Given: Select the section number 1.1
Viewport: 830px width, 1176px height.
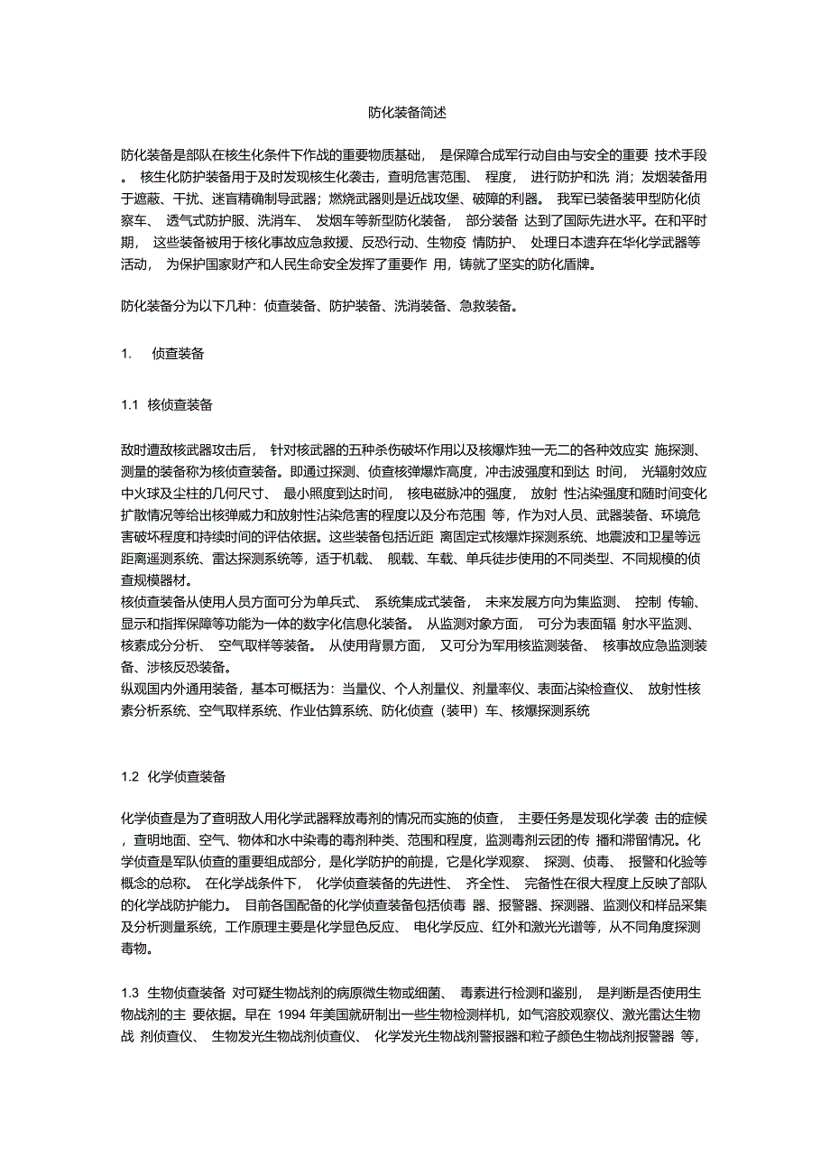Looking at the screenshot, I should [130, 405].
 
